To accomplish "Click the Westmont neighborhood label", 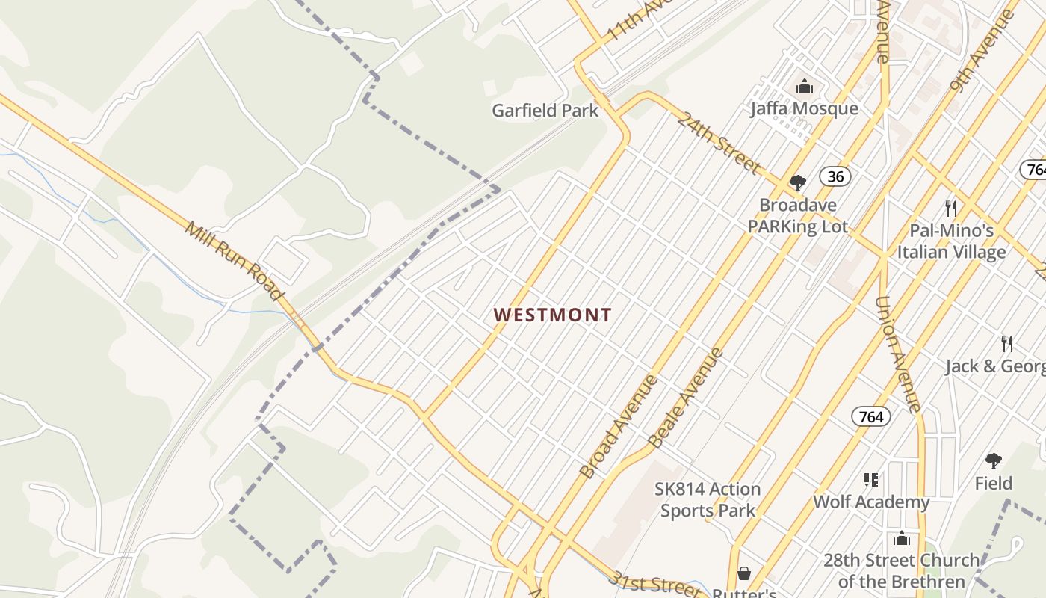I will [x=552, y=315].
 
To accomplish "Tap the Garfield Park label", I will [x=545, y=111].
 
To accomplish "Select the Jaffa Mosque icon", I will [x=804, y=87].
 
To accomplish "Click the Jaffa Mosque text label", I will [x=804, y=109].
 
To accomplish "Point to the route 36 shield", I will [x=835, y=176].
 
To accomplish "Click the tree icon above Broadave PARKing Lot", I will [x=797, y=182].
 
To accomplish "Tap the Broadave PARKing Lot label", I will [x=797, y=215].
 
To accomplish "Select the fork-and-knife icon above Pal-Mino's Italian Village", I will [x=950, y=208].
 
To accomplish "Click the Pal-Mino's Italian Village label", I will [x=951, y=241].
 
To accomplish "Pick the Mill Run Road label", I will [x=235, y=262].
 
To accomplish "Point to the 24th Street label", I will [x=718, y=143].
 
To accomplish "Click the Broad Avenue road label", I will [x=619, y=427].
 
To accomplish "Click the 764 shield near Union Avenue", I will [x=871, y=416].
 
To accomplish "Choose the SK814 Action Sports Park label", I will [x=708, y=500].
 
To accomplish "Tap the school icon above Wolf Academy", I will [x=870, y=479].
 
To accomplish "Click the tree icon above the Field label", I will [x=993, y=460].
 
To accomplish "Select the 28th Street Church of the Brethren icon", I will [x=901, y=538].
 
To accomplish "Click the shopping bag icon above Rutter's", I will [x=743, y=573].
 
